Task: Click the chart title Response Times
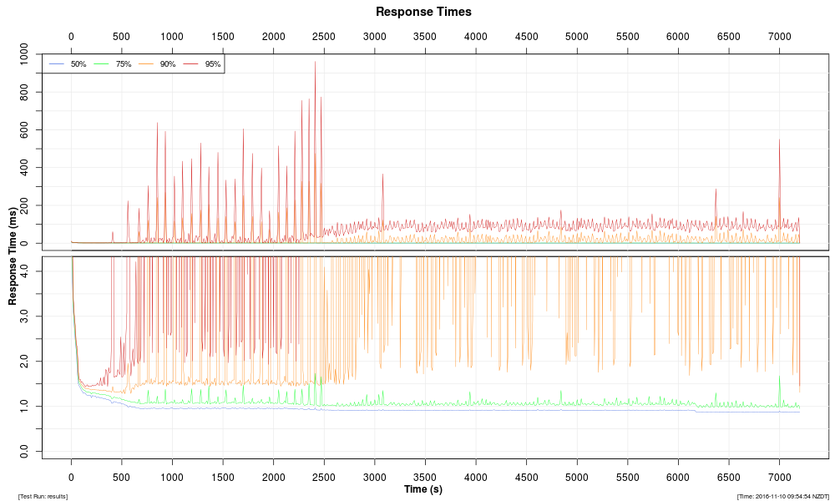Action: click(423, 12)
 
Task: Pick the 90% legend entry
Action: click(167, 64)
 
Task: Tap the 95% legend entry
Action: click(212, 64)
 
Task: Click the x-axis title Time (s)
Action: click(423, 488)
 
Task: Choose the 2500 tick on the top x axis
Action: click(324, 37)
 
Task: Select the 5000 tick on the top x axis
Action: click(577, 37)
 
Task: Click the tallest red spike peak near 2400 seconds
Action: click(315, 63)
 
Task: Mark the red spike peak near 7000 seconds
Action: click(779, 139)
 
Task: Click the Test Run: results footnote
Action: click(43, 496)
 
